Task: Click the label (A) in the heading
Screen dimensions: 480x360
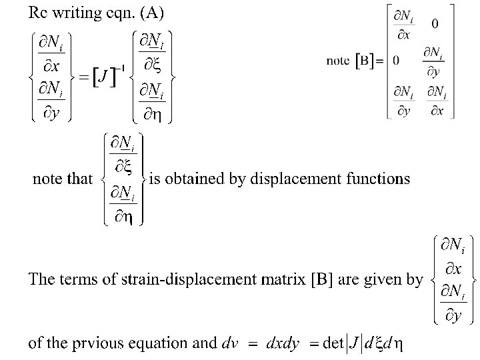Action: pyautogui.click(x=150, y=12)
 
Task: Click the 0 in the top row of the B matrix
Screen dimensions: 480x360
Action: pyautogui.click(x=435, y=24)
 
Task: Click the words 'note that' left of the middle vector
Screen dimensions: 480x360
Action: pyautogui.click(x=63, y=179)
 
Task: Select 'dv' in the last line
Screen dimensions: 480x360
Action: pyautogui.click(x=229, y=344)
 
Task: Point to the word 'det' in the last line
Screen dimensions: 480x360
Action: pyautogui.click(x=333, y=344)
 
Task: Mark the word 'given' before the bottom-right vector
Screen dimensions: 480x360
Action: pyautogui.click(x=382, y=279)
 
